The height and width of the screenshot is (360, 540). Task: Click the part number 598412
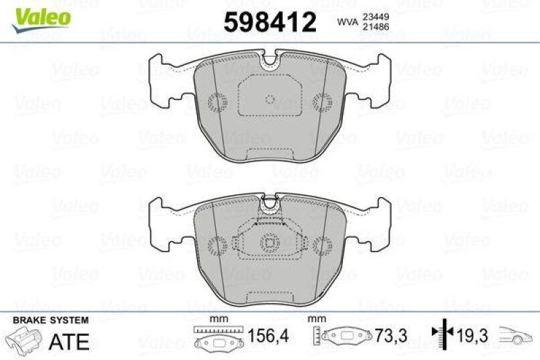point(271,22)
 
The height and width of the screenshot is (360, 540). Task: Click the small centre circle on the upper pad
point(269,99)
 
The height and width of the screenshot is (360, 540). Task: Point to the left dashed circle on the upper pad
point(217,101)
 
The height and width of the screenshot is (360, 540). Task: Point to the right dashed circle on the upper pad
point(322,101)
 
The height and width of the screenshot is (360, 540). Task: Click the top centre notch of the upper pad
point(269,60)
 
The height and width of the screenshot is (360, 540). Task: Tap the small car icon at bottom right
point(516,335)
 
